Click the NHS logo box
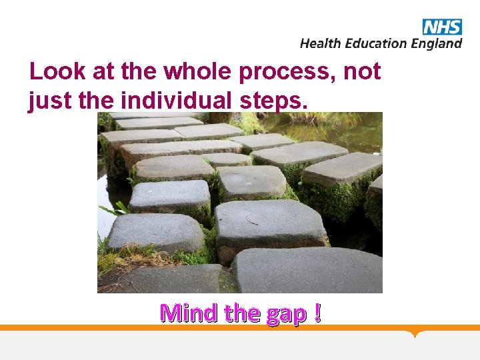click(441, 27)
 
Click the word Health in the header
click(319, 43)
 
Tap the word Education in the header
click(374, 43)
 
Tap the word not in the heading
click(362, 71)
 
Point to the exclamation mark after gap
click(316, 312)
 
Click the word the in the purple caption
click(243, 312)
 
